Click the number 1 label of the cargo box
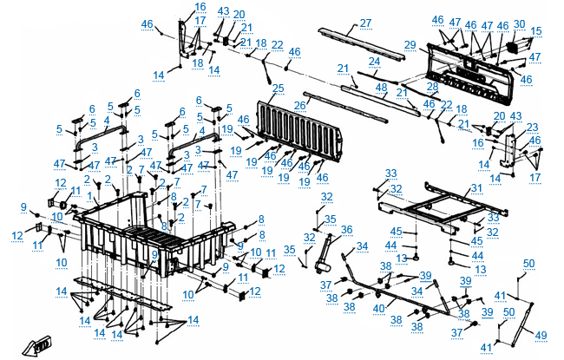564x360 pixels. pyautogui.click(x=91, y=197)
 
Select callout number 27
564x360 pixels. pyautogui.click(x=364, y=23)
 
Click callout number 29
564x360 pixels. pyautogui.click(x=410, y=45)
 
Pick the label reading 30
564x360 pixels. pyautogui.click(x=519, y=23)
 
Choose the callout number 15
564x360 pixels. pyautogui.click(x=535, y=31)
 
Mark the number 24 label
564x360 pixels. pyautogui.click(x=374, y=62)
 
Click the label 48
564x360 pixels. pyautogui.click(x=381, y=88)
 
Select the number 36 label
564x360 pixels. pyautogui.click(x=347, y=230)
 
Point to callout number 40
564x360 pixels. pyautogui.click(x=378, y=308)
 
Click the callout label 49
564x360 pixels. pyautogui.click(x=540, y=335)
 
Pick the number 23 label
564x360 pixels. pyautogui.click(x=532, y=127)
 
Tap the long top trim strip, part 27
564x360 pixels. pyautogui.click(x=359, y=40)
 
